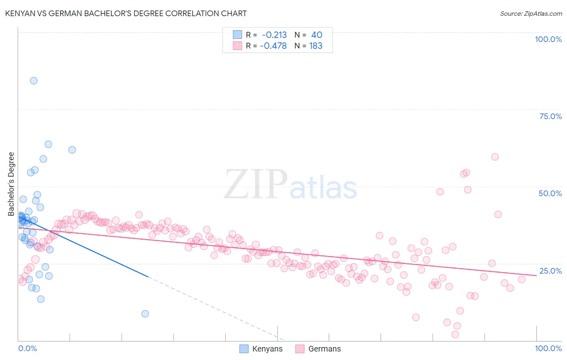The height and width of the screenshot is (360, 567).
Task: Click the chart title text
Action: point(126,13)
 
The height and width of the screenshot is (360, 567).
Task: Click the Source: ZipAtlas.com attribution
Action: point(531,13)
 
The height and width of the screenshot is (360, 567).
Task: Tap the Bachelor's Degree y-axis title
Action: point(11,184)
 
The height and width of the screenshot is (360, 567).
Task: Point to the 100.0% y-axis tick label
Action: point(548,39)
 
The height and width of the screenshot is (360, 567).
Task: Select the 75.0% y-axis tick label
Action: point(550,116)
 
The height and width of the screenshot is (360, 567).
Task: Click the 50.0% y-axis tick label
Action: point(550,193)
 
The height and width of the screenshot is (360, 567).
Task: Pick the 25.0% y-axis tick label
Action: point(550,270)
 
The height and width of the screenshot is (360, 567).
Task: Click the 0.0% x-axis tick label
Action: point(27,348)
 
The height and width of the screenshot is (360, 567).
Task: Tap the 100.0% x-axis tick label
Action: point(548,348)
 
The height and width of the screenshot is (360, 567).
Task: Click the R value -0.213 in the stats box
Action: point(274,35)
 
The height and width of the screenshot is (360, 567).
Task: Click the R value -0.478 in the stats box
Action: point(273,46)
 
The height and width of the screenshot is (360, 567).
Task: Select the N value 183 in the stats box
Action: point(316,46)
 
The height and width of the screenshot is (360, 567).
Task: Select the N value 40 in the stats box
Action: point(317,35)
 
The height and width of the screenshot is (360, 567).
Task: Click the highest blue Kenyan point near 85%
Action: point(34,81)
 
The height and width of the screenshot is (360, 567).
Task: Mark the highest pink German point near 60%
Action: point(495,157)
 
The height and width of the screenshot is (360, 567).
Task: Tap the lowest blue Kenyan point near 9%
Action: point(145,314)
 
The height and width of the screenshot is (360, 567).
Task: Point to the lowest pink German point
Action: point(455,334)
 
